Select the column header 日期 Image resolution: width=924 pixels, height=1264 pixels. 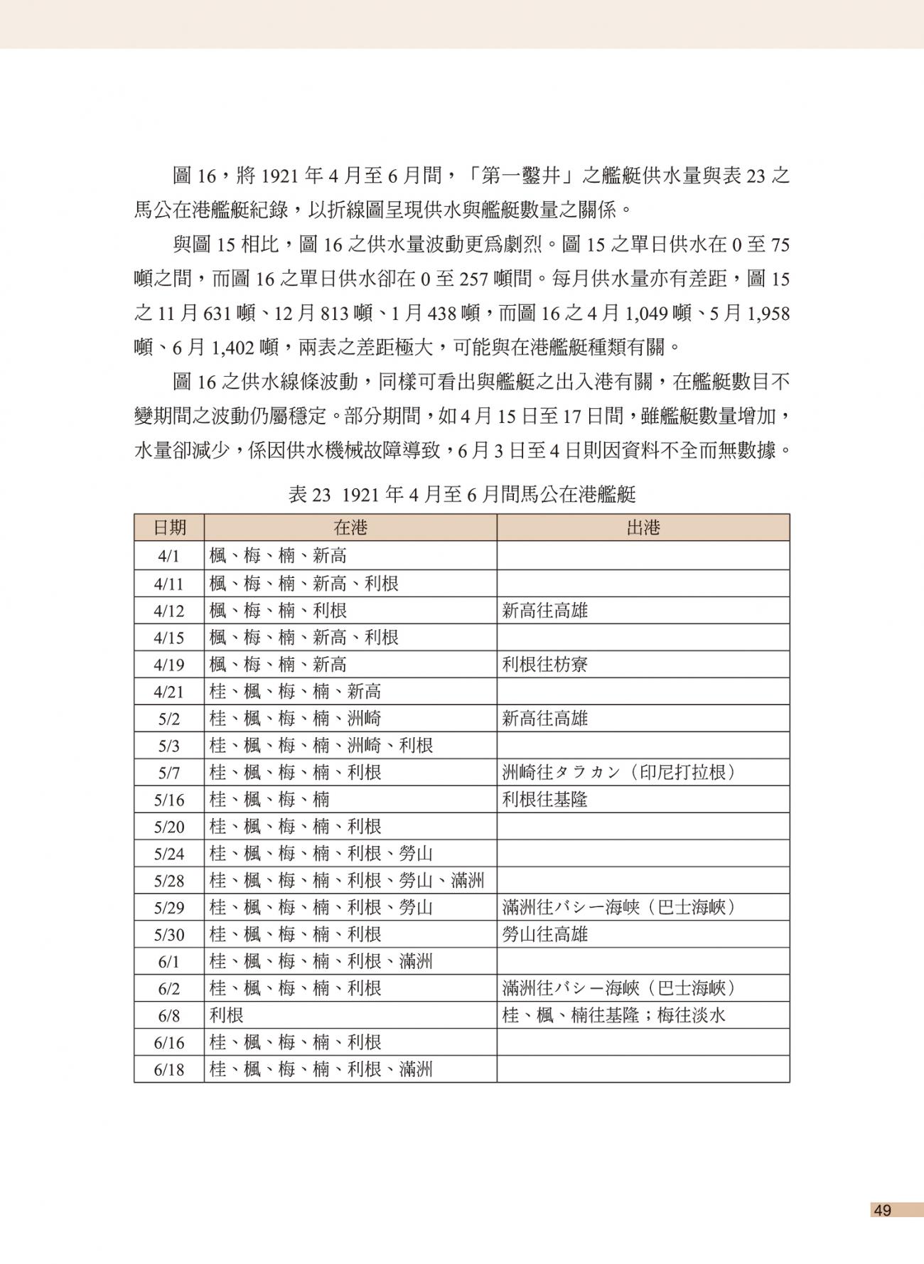[169, 527]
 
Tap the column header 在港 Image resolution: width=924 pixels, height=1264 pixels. [350, 527]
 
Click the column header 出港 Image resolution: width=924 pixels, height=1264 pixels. [643, 527]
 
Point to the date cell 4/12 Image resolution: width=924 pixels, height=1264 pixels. [169, 611]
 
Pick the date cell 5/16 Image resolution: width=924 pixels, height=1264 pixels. [169, 800]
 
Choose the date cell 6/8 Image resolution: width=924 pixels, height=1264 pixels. [169, 1016]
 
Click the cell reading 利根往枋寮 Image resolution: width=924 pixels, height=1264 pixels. [545, 665]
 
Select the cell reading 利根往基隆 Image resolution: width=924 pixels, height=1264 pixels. [545, 800]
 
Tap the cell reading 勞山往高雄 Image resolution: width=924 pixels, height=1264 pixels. [545, 935]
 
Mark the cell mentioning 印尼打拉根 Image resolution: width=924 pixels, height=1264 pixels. [618, 773]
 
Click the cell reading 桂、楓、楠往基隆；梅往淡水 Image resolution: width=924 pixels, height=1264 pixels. [613, 1016]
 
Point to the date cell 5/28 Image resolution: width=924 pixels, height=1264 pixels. [169, 881]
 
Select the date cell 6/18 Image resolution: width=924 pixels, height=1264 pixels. [169, 1070]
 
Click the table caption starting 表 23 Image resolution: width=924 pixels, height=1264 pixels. [461, 495]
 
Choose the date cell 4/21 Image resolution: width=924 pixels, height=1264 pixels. [169, 692]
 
